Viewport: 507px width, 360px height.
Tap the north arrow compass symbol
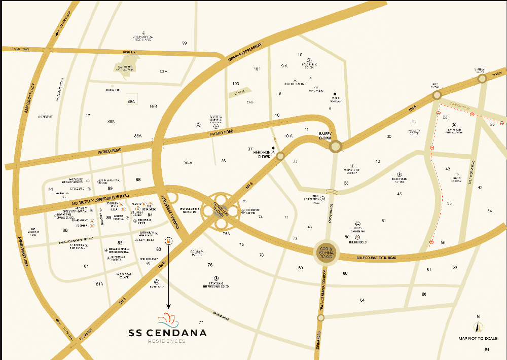pos(477,327)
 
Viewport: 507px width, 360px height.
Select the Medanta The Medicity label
pos(355,171)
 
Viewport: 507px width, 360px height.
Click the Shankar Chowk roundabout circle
pos(481,79)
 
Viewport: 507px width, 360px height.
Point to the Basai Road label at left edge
pos(15,49)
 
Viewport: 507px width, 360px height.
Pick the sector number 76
pos(210,265)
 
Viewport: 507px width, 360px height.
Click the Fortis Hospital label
pos(456,178)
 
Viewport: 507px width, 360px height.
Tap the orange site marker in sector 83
pos(169,240)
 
